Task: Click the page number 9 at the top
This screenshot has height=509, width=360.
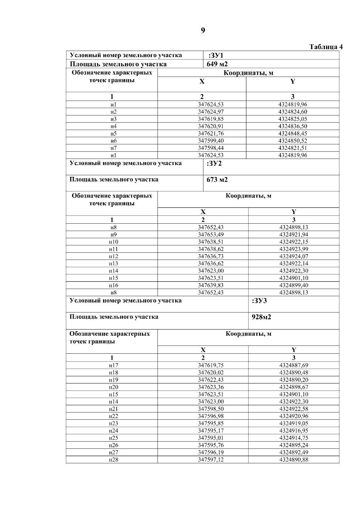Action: (203, 31)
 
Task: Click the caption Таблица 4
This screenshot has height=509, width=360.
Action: (326, 47)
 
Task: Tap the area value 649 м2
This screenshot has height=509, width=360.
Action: (217, 64)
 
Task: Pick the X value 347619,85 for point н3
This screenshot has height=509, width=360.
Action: (211, 119)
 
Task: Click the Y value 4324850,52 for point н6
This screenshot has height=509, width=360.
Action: (292, 141)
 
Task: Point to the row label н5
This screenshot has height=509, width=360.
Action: (113, 133)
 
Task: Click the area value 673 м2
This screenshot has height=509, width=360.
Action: (217, 180)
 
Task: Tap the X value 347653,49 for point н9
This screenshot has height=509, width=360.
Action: (211, 235)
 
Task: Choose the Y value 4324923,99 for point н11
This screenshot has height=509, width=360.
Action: (293, 249)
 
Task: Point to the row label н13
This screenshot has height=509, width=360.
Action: (113, 263)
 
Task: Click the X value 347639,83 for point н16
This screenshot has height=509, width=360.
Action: (211, 285)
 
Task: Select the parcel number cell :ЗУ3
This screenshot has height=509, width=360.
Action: (259, 301)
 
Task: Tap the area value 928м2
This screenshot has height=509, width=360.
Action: (261, 317)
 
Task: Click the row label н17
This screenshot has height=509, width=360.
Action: (113, 365)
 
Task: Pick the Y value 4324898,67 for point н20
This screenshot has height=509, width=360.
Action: (293, 387)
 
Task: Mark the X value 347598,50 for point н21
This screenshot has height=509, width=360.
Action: (211, 409)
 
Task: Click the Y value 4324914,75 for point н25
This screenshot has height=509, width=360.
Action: (293, 438)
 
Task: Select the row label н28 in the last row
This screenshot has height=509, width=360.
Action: (113, 460)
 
